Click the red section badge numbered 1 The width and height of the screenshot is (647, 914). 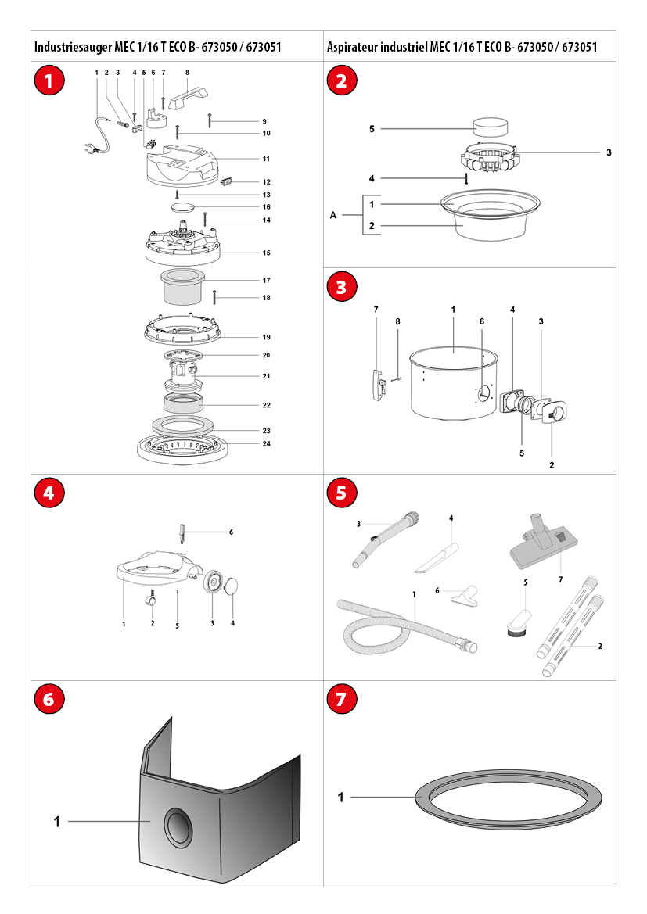[49, 81]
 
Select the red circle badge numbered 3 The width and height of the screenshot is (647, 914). [341, 287]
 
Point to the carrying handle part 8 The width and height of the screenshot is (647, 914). [188, 98]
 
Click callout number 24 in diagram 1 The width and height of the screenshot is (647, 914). [267, 443]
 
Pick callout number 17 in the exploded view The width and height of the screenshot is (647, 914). [267, 281]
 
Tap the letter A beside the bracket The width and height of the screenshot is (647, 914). [333, 215]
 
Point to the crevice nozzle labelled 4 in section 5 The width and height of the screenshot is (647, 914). [437, 557]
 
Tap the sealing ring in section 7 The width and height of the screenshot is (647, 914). [509, 799]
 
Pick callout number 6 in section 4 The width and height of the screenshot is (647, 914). [231, 532]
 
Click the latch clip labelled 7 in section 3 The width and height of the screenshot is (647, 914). [378, 384]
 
